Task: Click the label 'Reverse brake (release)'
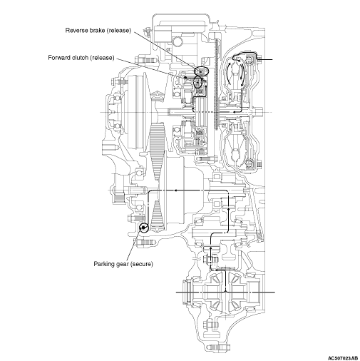[x=98, y=31]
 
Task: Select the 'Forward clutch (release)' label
[x=81, y=58]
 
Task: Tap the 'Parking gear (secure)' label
[x=123, y=264]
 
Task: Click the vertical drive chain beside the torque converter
[x=216, y=83]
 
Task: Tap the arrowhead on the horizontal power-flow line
[x=175, y=190]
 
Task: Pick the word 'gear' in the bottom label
[x=122, y=265]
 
